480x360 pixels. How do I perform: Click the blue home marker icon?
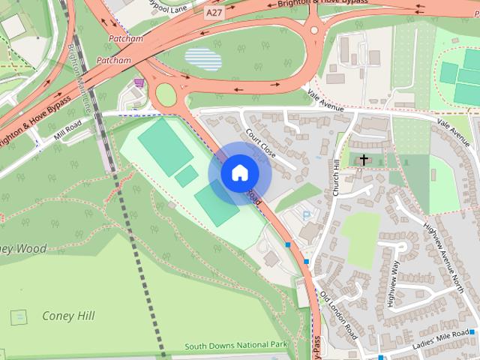[239, 172]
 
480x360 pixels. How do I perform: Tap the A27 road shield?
[214, 13]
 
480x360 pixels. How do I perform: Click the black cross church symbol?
[364, 160]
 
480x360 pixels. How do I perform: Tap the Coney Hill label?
[68, 316]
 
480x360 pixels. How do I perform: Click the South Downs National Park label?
[236, 345]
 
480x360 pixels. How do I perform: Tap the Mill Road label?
[68, 129]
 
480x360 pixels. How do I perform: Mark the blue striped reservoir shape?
[202, 59]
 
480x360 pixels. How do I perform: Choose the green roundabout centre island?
[165, 94]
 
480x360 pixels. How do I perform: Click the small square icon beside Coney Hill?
[19, 317]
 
